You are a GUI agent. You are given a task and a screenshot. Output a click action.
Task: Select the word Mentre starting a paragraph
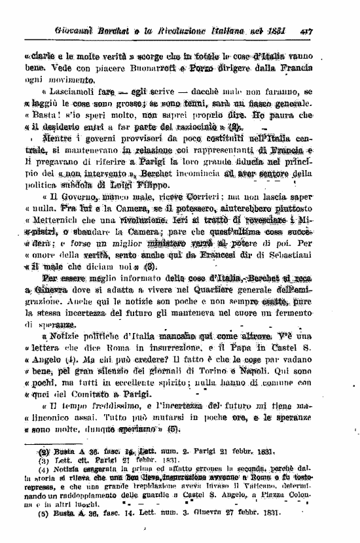coord(60,143)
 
